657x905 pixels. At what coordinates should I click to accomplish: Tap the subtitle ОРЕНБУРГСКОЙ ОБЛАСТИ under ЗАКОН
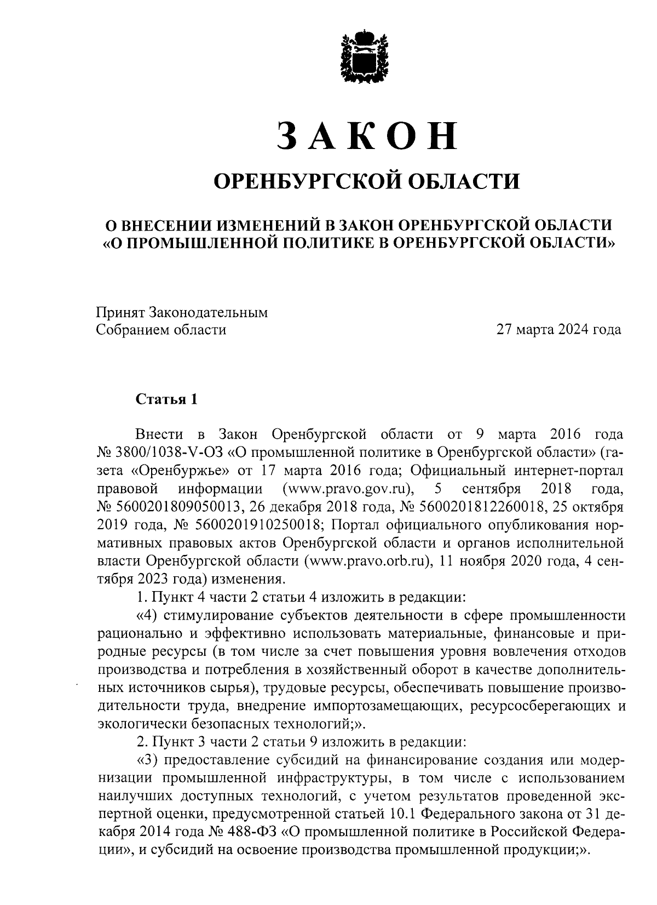(366, 181)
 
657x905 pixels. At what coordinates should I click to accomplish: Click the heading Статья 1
(166, 400)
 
